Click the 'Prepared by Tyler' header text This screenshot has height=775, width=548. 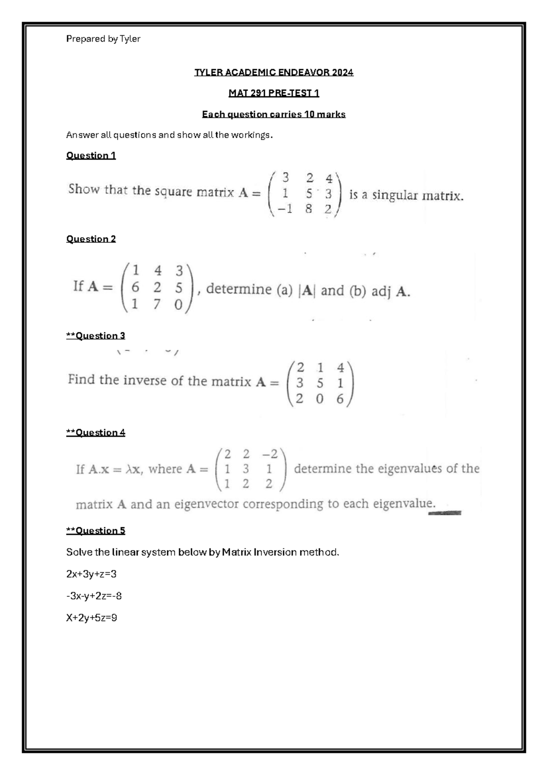[103, 39]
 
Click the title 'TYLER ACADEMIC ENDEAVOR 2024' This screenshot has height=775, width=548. [274, 72]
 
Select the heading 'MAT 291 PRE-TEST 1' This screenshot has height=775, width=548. [274, 93]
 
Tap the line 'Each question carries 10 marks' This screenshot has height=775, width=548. [274, 114]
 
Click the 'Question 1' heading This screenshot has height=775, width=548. [91, 155]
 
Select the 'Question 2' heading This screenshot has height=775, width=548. [91, 239]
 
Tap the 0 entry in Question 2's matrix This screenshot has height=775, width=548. [179, 304]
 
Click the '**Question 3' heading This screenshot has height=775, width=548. [95, 336]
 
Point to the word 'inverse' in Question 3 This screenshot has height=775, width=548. [147, 380]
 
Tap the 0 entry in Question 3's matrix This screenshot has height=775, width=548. [320, 399]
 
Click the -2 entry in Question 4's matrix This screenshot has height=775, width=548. [269, 454]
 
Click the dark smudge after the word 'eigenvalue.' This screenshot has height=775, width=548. [445, 513]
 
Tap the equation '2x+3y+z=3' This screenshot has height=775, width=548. [91, 574]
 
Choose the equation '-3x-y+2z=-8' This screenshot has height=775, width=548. [94, 596]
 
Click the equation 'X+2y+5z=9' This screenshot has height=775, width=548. [92, 618]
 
